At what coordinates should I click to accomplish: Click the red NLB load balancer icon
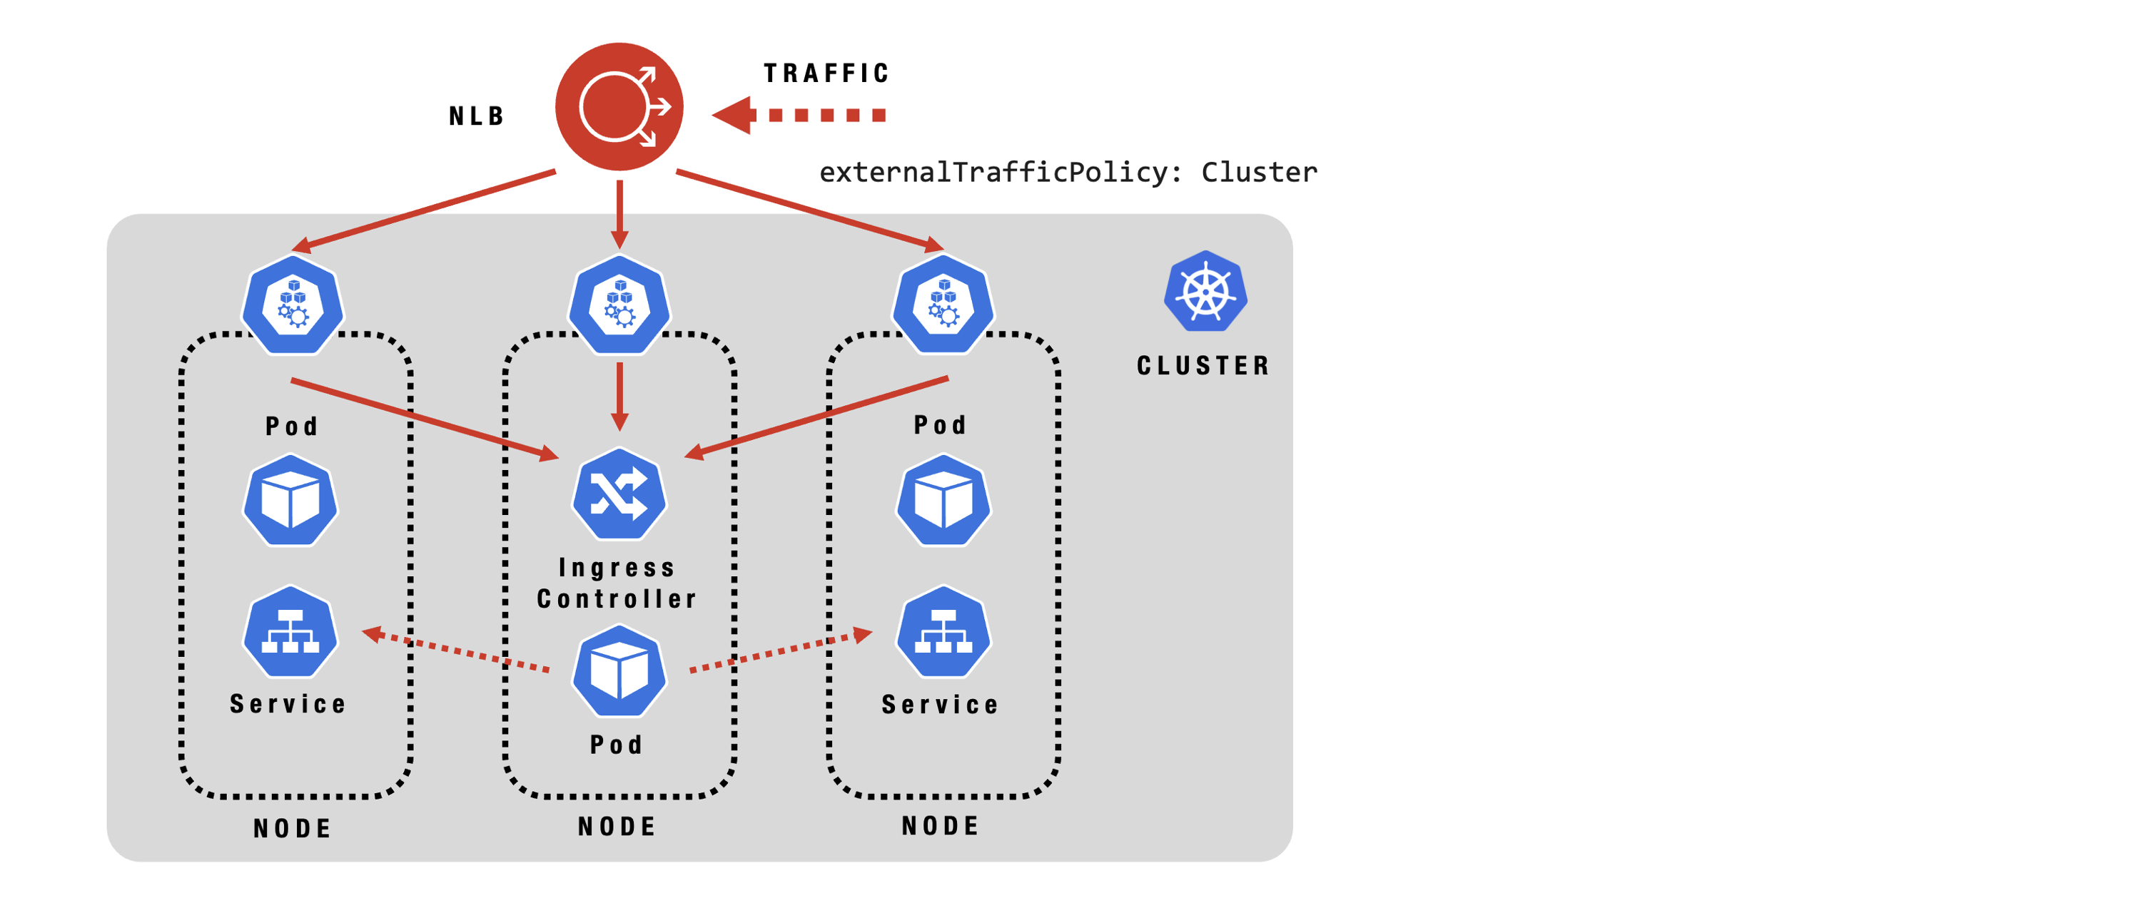pyautogui.click(x=619, y=106)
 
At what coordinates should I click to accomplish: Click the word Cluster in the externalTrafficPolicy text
pyautogui.click(x=1258, y=172)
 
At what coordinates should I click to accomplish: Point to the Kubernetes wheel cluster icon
pyautogui.click(x=1205, y=292)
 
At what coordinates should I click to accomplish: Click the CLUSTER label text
pyautogui.click(x=1203, y=365)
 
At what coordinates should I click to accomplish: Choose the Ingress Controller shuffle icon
pyautogui.click(x=619, y=494)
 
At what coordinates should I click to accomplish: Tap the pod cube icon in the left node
pyautogui.click(x=290, y=500)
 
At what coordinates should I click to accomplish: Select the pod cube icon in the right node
pyautogui.click(x=943, y=500)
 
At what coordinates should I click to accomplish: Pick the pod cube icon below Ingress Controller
pyautogui.click(x=619, y=671)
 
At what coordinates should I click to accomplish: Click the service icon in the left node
pyautogui.click(x=290, y=632)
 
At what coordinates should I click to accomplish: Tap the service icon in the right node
pyautogui.click(x=943, y=632)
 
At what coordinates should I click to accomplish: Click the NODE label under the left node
pyautogui.click(x=293, y=828)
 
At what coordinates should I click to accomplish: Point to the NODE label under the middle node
pyautogui.click(x=617, y=827)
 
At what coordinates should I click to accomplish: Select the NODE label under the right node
pyautogui.click(x=941, y=826)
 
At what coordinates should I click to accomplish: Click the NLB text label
pyautogui.click(x=476, y=116)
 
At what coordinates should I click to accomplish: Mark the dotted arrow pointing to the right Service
pyautogui.click(x=781, y=651)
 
